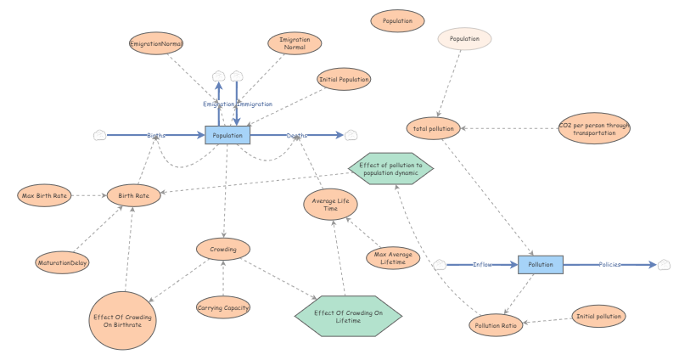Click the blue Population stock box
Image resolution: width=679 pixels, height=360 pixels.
pos(228,135)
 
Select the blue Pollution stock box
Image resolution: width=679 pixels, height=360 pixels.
pos(541,265)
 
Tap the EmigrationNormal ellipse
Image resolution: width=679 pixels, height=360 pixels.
pos(156,43)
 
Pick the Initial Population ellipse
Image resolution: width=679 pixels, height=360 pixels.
pos(344,80)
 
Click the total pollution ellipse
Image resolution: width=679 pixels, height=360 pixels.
pos(435,129)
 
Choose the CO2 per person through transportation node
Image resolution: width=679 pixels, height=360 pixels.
pos(593,129)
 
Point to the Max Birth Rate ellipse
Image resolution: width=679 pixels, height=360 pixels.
pos(44,196)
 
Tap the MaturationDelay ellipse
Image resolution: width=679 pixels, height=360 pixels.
pos(62,263)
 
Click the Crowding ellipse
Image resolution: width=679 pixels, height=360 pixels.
pos(222,249)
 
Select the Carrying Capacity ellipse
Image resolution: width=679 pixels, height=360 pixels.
pos(223,307)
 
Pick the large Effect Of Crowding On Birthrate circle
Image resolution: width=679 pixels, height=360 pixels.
pos(125,320)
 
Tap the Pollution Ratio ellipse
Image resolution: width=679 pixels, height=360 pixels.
pos(497,325)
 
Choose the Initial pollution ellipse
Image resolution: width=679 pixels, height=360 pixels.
pos(599,316)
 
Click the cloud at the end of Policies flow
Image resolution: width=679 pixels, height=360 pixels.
pos(665,265)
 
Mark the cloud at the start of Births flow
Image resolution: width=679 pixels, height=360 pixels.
pos(99,135)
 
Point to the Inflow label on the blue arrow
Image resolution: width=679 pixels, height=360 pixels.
pos(483,265)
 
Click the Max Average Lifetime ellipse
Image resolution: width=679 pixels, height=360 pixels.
pos(393,257)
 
